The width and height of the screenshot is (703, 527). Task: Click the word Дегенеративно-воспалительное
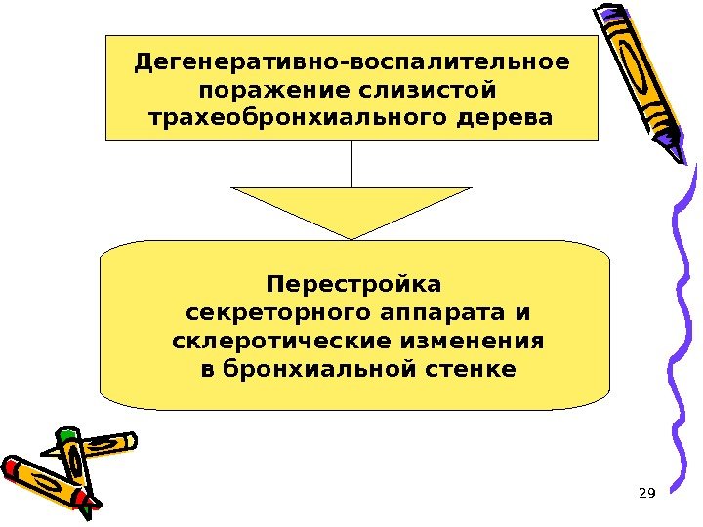click(x=351, y=63)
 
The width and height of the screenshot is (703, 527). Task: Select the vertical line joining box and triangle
click(x=351, y=163)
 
